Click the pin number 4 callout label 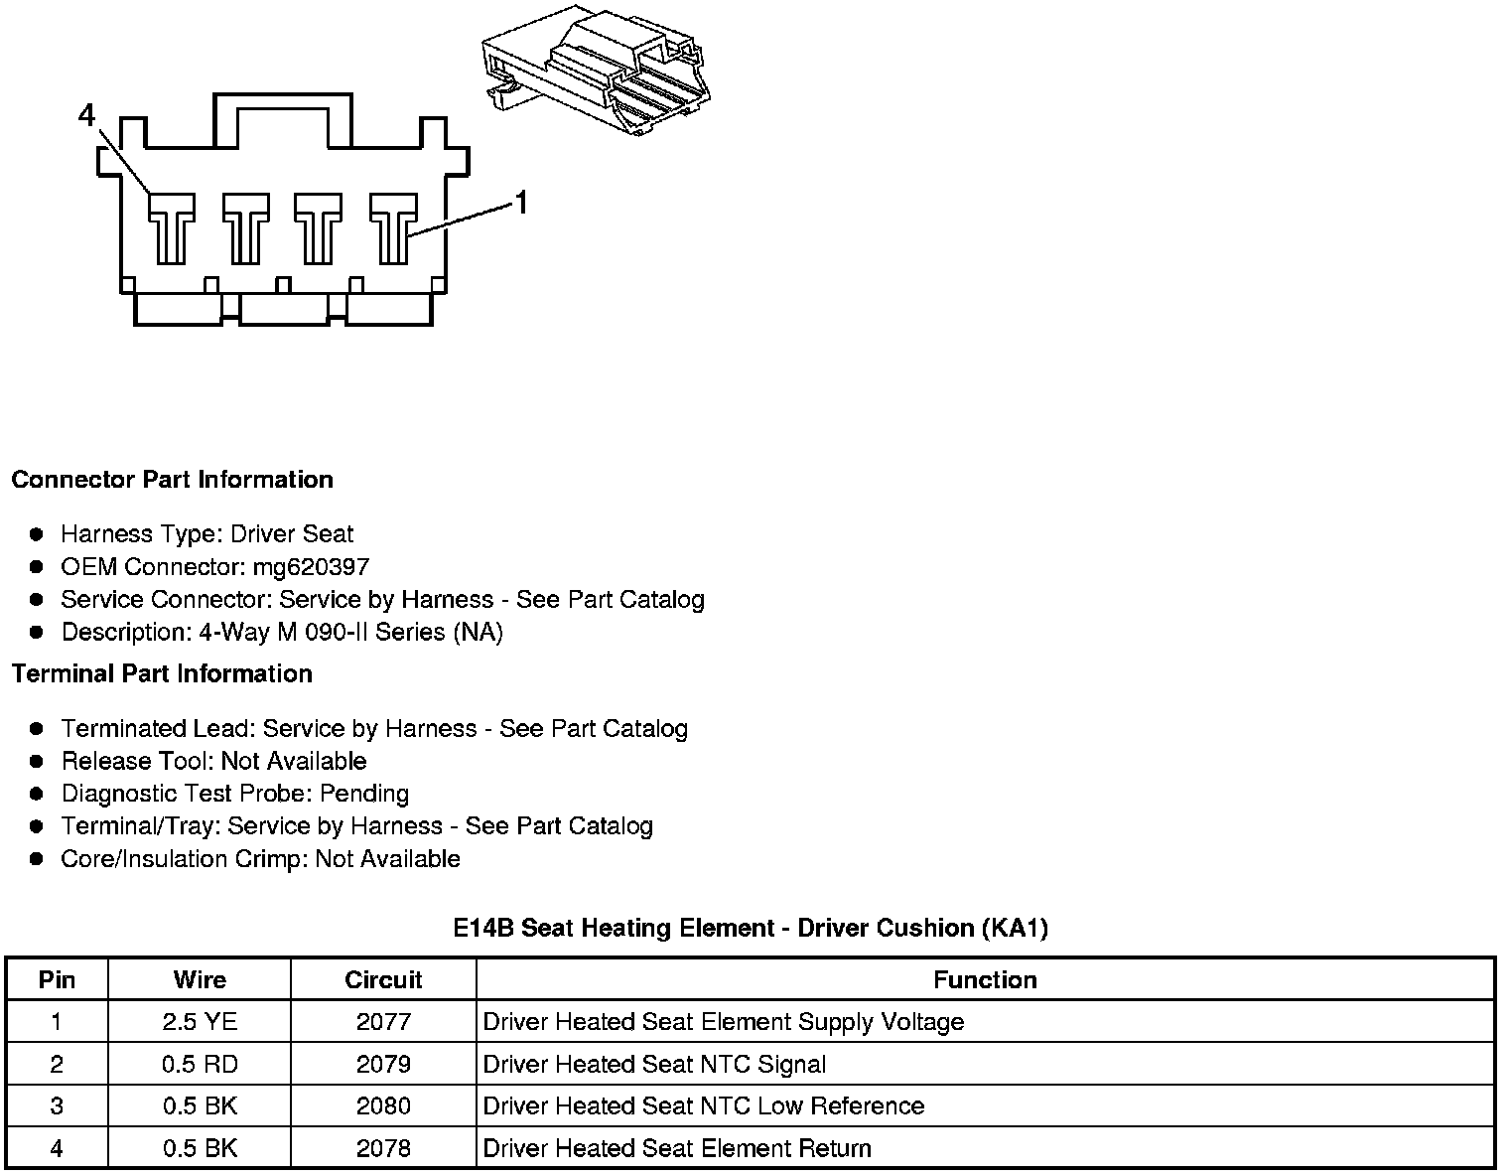(87, 117)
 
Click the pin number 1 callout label (521, 204)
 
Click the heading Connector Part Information (172, 480)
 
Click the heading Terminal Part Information (162, 673)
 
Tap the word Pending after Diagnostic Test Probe (364, 794)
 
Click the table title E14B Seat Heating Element (751, 928)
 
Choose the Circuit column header (383, 979)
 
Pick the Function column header (985, 979)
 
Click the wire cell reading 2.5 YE (200, 1022)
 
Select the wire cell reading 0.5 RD (200, 1065)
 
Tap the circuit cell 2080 (383, 1106)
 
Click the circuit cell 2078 (383, 1149)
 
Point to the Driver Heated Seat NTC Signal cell (654, 1065)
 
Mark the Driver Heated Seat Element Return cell (677, 1149)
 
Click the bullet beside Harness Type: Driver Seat (37, 534)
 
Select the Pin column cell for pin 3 (57, 1106)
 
